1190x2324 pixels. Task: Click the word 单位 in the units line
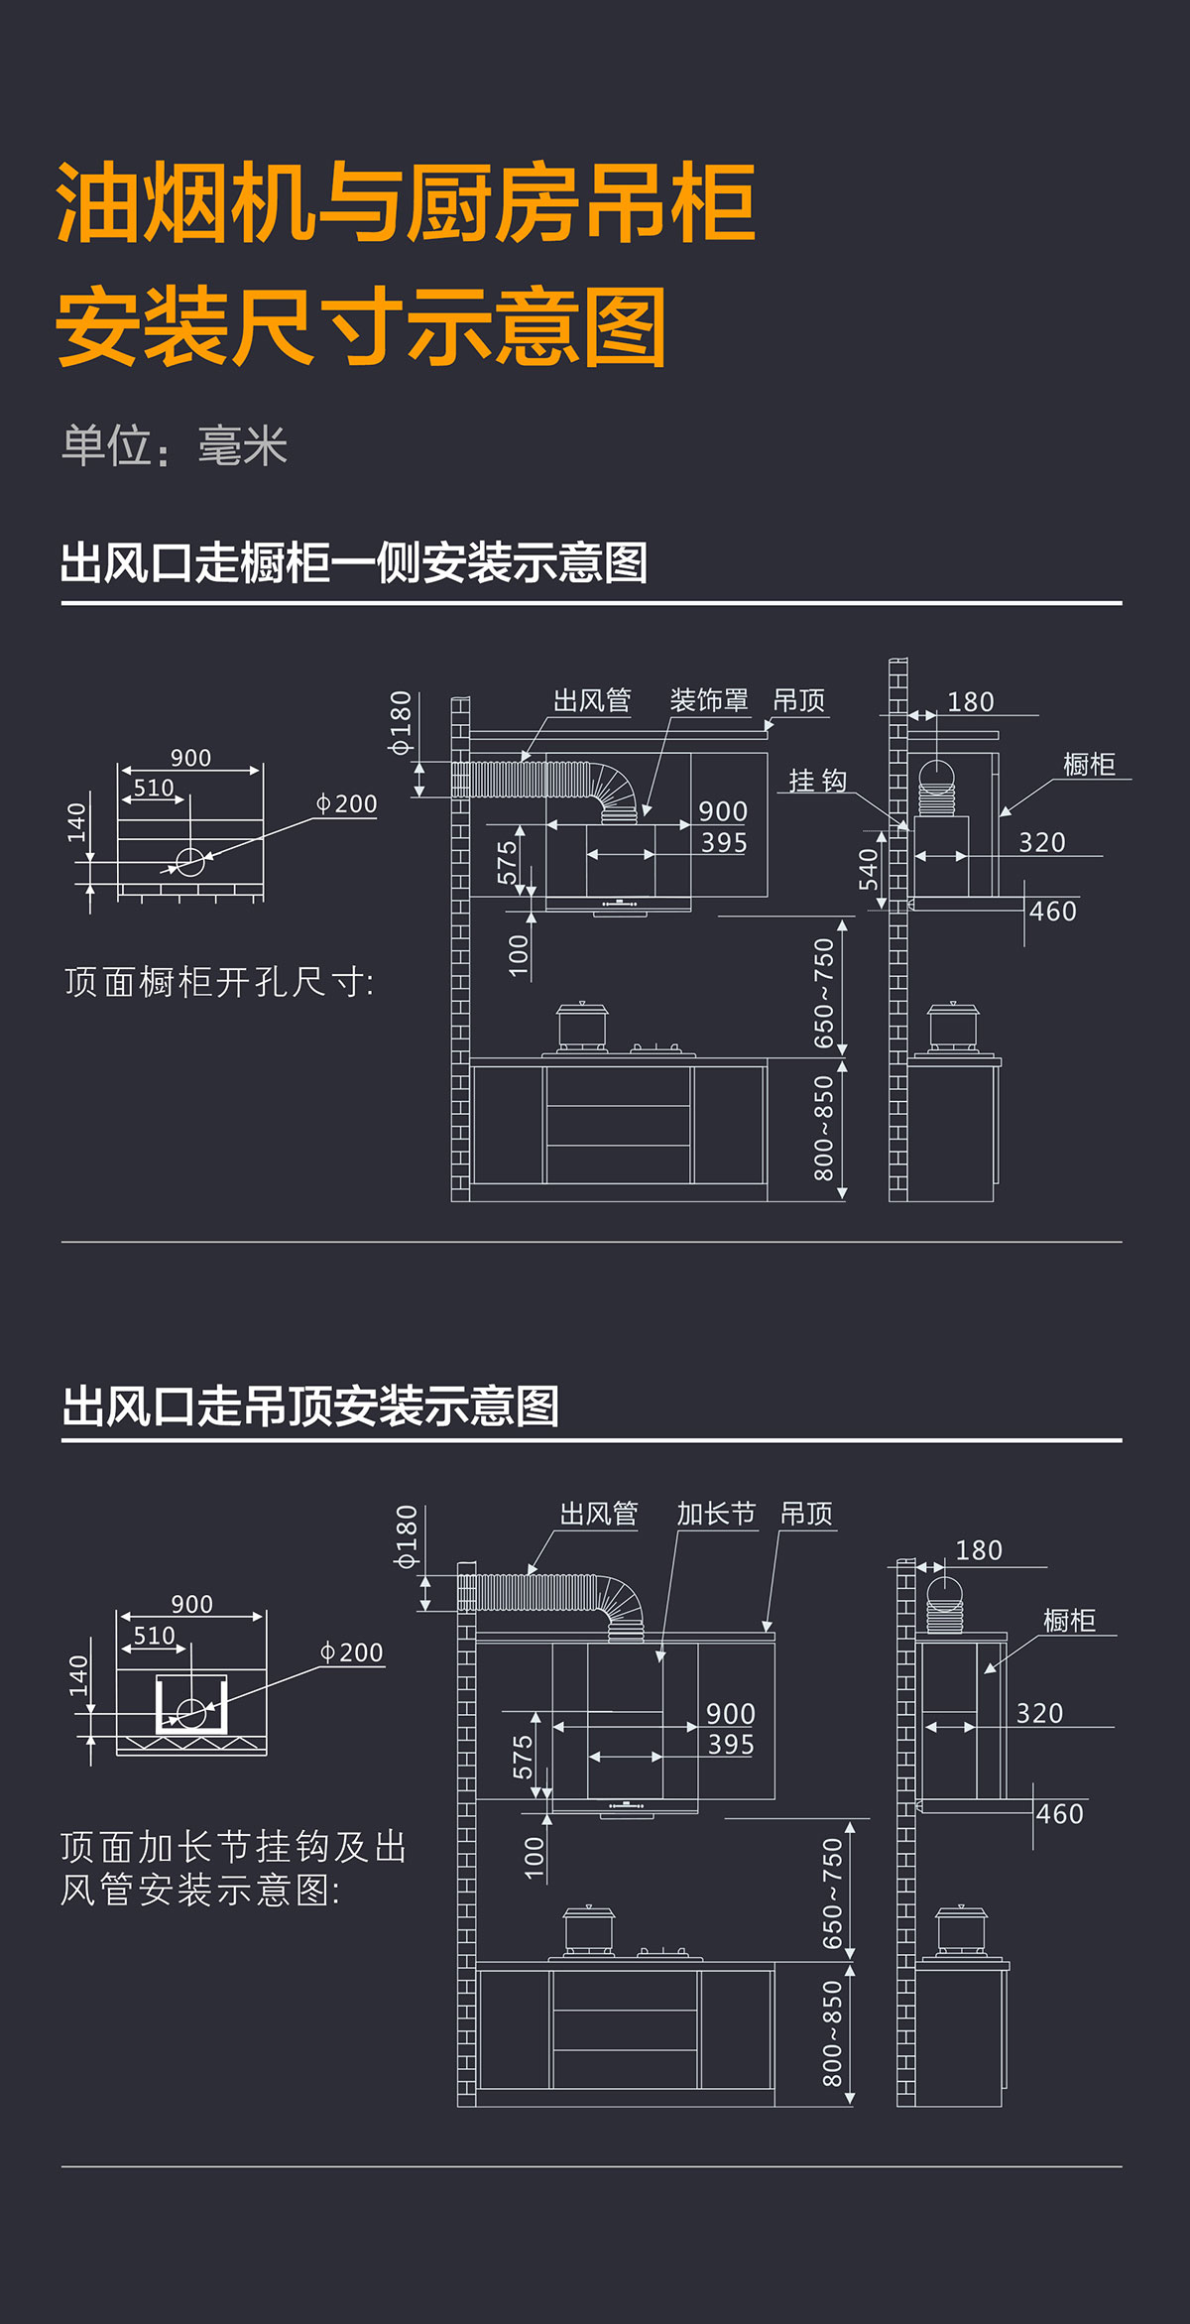107,445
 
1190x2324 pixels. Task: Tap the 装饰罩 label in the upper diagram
708,700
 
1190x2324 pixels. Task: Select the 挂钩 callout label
817,781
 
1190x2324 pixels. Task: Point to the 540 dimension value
869,869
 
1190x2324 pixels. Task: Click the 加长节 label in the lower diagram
716,1514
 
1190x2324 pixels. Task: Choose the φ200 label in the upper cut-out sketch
346,803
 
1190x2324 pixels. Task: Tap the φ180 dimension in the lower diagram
407,1536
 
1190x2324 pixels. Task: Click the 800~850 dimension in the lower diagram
832,2033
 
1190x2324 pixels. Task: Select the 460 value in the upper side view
1052,911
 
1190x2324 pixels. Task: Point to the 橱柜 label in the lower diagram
1069,1621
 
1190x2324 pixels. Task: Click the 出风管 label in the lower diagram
599,1514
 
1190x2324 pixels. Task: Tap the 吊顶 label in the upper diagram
798,700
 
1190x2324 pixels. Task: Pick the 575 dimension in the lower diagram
523,1757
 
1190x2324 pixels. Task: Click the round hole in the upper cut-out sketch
190,862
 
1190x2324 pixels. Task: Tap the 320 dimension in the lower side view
1039,1713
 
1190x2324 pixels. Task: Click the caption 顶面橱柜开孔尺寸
219,982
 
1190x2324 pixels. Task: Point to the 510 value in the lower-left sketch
154,1636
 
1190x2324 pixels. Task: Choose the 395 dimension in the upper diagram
724,843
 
